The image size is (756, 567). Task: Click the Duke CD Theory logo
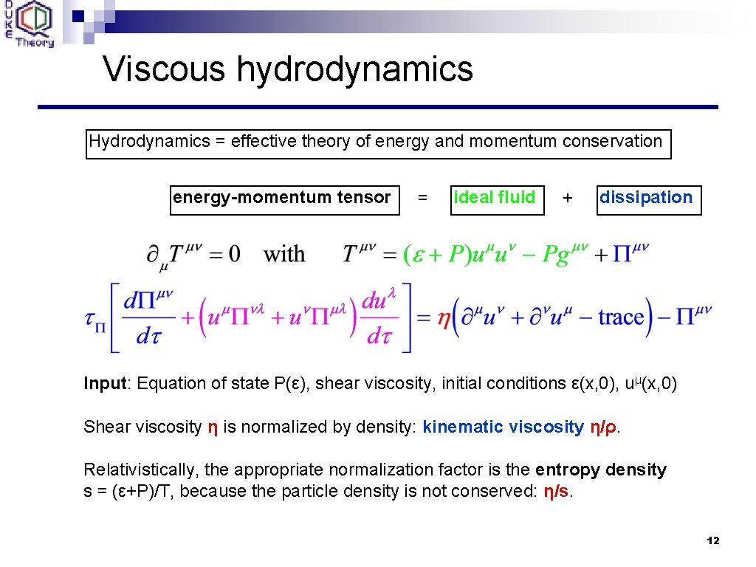pyautogui.click(x=34, y=24)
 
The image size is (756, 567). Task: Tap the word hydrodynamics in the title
pyautogui.click(x=354, y=69)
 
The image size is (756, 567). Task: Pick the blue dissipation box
pyautogui.click(x=648, y=199)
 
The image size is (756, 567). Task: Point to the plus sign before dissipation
pyautogui.click(x=567, y=198)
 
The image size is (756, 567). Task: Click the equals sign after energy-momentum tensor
pyautogui.click(x=422, y=198)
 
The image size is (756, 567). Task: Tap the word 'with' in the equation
pyautogui.click(x=284, y=255)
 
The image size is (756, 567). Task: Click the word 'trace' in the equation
pyautogui.click(x=622, y=317)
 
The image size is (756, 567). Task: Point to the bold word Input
pyautogui.click(x=105, y=384)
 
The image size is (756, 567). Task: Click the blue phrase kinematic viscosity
pyautogui.click(x=503, y=427)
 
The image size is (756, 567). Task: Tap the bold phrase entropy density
pyautogui.click(x=601, y=470)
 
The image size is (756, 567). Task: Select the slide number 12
pyautogui.click(x=712, y=541)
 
